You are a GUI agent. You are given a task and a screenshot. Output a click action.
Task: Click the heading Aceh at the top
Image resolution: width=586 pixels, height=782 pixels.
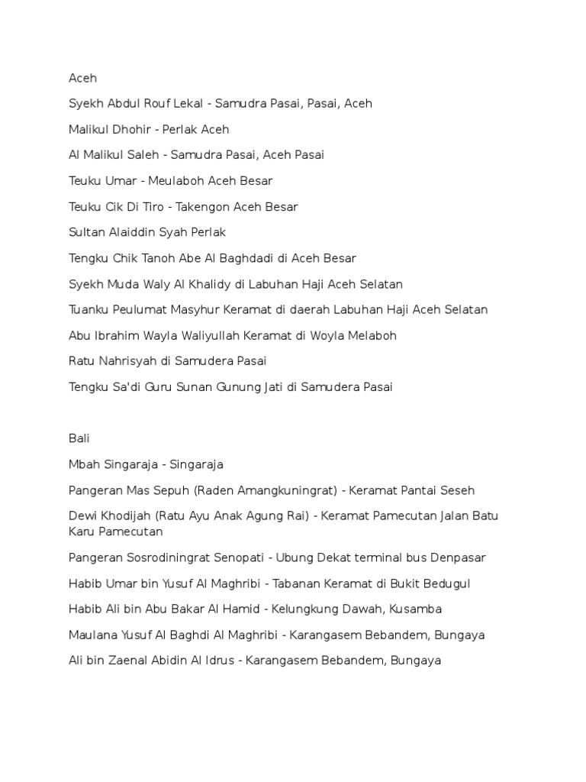(x=82, y=78)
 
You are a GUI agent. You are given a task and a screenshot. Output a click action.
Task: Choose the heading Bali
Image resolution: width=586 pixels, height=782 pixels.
(x=79, y=438)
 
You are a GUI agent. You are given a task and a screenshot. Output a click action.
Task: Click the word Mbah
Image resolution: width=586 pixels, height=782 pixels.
(x=83, y=464)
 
